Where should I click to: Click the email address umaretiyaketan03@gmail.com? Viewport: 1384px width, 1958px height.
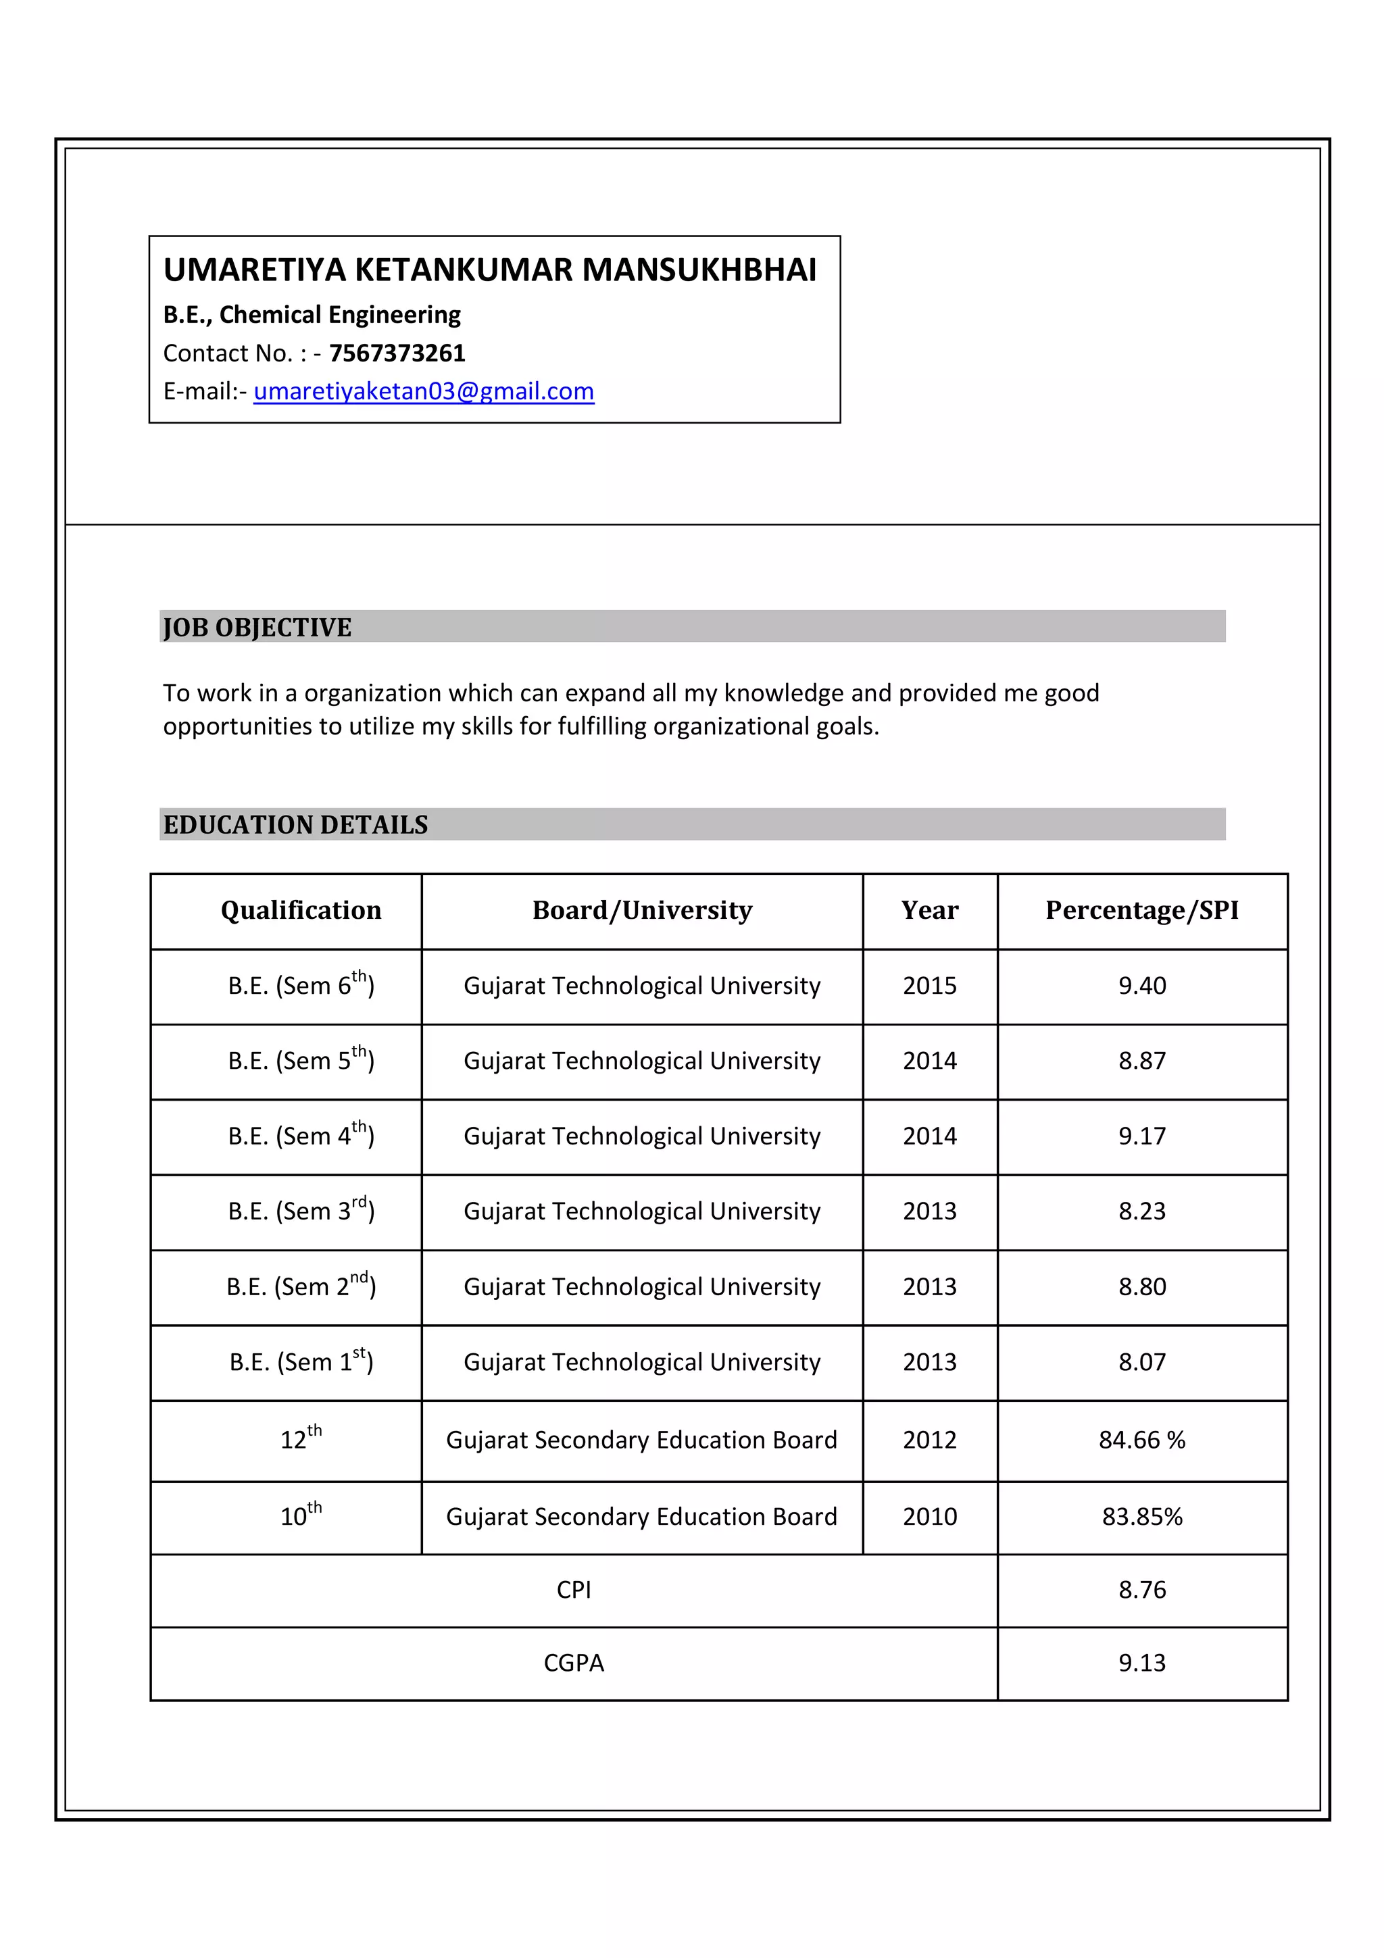click(x=423, y=391)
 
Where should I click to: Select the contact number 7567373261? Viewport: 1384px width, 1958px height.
click(x=397, y=353)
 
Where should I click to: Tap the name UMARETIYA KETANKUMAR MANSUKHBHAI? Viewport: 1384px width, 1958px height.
click(x=489, y=270)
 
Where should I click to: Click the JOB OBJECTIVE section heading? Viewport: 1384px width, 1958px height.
click(x=257, y=627)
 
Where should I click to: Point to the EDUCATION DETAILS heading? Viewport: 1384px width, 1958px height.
click(x=295, y=825)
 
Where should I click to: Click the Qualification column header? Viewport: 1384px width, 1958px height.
click(x=301, y=910)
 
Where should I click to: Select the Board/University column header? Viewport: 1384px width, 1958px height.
click(x=641, y=910)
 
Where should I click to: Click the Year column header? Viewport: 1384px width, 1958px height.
click(x=929, y=910)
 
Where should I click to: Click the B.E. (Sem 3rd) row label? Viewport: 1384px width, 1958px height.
click(x=301, y=1211)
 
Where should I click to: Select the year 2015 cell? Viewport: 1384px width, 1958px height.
click(x=929, y=986)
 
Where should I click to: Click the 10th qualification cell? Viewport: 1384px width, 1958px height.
click(x=301, y=1515)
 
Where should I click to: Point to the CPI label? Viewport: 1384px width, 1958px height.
click(x=573, y=1590)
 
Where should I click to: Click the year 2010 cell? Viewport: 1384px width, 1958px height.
click(x=929, y=1516)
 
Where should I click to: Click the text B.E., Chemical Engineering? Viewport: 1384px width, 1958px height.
click(x=312, y=315)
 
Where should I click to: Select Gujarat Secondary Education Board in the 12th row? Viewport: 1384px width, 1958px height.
click(x=641, y=1440)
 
